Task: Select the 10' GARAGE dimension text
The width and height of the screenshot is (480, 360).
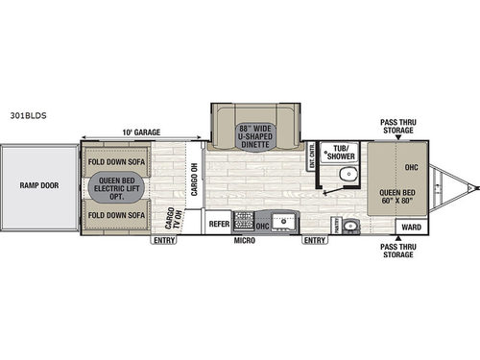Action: (x=140, y=132)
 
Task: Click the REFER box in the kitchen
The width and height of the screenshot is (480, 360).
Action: (x=219, y=224)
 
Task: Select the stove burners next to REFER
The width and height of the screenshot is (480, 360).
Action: (x=243, y=224)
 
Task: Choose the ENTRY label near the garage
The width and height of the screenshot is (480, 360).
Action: (x=162, y=241)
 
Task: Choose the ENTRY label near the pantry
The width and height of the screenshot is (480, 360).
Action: (x=314, y=241)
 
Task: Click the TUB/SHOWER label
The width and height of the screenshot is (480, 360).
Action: (x=341, y=153)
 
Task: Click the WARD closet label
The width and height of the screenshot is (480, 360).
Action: (x=410, y=228)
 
